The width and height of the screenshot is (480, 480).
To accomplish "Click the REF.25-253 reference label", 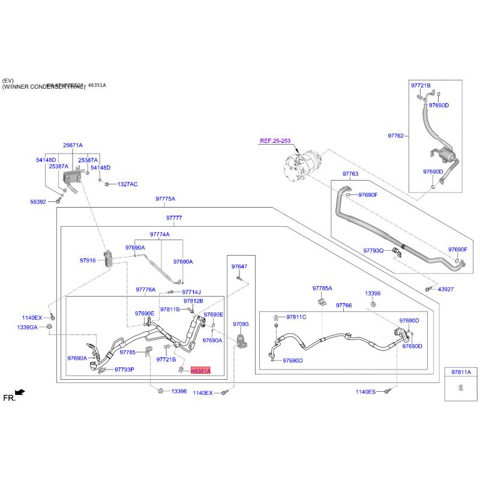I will pos(275,141).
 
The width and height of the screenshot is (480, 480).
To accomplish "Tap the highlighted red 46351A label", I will pos(200,371).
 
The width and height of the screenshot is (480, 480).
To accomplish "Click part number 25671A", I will pos(73,145).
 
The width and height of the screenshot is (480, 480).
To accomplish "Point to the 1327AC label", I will pos(127,184).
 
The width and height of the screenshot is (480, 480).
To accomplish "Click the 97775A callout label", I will pos(165,199).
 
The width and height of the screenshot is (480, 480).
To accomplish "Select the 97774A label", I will pos(160,234).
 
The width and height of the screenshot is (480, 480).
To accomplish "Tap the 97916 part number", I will pos(88,260).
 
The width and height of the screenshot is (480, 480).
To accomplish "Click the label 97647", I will pos(239,266).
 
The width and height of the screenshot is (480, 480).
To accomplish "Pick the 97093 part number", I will pos(241,323).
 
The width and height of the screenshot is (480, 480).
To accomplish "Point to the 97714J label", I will pos(191,292).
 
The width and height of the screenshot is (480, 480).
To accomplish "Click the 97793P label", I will pos(124,370).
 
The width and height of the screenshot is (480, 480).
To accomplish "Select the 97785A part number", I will pos(322,288).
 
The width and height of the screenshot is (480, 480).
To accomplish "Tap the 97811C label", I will pos(296,317).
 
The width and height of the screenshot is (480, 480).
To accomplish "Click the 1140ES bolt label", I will pos(365,392).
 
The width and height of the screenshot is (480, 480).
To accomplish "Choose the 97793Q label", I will pos(373,250).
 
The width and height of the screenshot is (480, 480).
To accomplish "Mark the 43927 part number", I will pos(446,289).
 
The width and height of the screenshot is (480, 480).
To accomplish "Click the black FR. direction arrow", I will pos(20,392).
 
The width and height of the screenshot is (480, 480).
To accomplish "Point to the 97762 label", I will pos(395,136).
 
